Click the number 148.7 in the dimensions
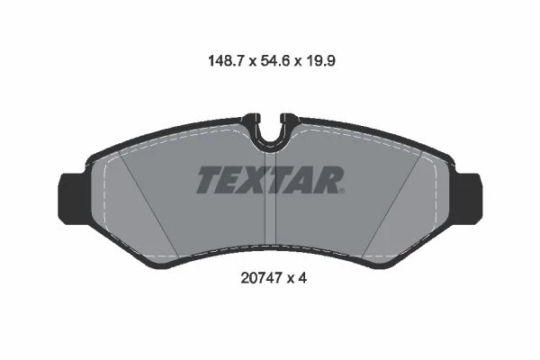[226, 61]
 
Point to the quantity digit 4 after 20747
[302, 278]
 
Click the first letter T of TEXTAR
[210, 179]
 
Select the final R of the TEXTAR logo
[328, 179]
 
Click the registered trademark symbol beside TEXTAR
[342, 191]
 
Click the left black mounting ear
[73, 199]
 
